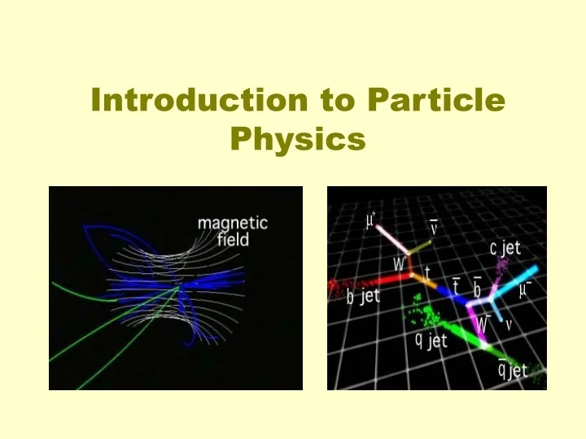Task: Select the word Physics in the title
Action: click(297, 139)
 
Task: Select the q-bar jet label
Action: click(513, 371)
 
